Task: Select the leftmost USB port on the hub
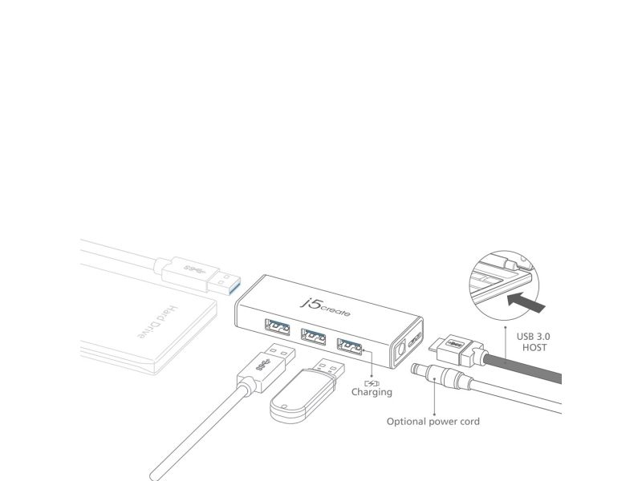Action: click(277, 326)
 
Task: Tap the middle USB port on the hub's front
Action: click(313, 336)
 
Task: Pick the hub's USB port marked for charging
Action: click(350, 346)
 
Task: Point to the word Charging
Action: click(372, 392)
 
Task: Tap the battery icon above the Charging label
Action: click(372, 383)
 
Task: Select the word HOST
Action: click(534, 348)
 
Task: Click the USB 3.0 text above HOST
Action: click(533, 337)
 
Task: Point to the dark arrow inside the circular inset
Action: click(526, 302)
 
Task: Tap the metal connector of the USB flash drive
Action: click(330, 370)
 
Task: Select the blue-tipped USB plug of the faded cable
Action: click(224, 282)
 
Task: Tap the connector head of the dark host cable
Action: click(455, 349)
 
